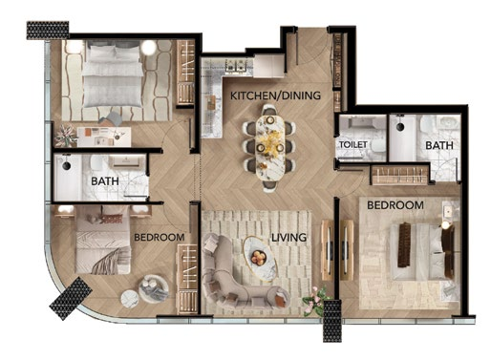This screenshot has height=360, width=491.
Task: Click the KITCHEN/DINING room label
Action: pos(275,95)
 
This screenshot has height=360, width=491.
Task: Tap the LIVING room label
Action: pos(288,237)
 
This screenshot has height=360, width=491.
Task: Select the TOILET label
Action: pos(353,144)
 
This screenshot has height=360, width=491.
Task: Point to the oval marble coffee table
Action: pos(260,259)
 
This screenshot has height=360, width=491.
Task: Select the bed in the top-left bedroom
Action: pos(112,74)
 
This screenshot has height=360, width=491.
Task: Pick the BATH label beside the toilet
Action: pos(439,145)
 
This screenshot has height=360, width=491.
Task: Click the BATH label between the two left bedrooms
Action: pos(105,181)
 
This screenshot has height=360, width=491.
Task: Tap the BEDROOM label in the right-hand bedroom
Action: pos(395,205)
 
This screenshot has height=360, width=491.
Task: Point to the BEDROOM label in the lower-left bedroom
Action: pos(160,238)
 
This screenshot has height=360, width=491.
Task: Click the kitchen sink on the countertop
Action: pos(234,66)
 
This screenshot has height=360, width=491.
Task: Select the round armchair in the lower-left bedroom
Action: pos(154,288)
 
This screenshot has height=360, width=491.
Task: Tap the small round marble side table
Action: pos(130,299)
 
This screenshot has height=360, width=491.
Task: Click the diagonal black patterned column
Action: pos(71,298)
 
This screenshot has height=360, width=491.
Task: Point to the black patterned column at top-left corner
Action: pos(48,31)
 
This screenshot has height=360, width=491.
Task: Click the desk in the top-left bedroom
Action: pos(104,137)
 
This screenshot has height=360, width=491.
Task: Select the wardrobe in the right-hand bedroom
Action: pos(400,175)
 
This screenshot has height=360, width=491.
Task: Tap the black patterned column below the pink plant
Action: pos(332,321)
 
